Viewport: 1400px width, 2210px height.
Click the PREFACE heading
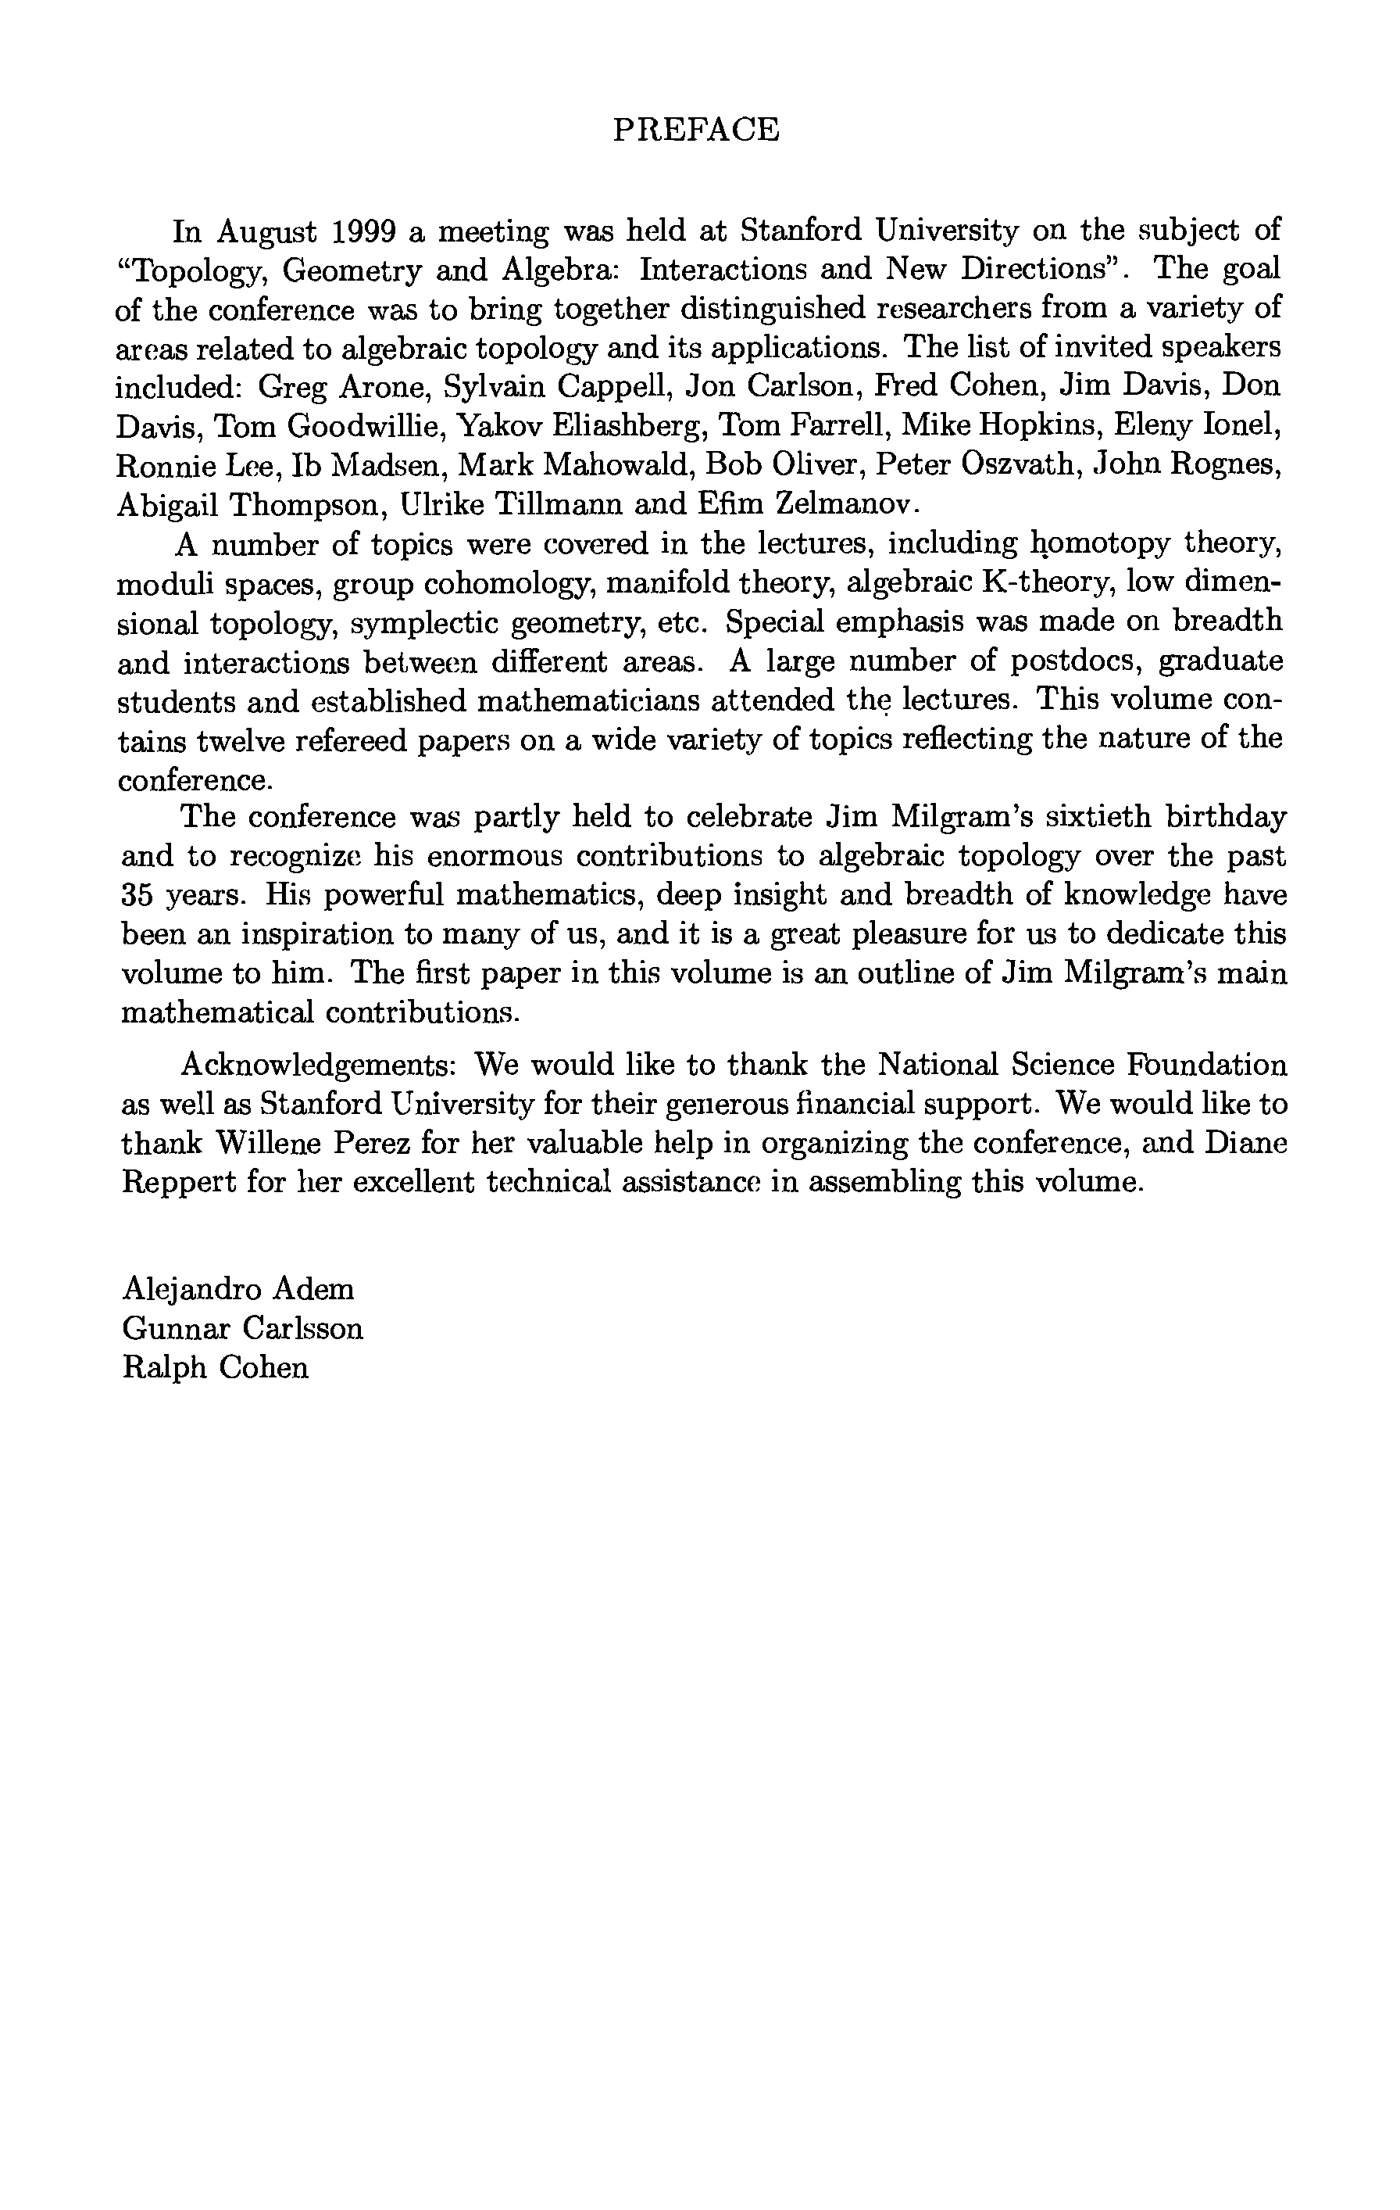695,130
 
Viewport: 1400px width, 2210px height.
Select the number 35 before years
137,895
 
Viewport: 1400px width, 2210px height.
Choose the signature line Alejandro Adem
237,1289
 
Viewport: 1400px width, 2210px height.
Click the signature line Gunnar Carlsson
242,1329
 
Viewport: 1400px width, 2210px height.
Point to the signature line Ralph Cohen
215,1367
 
